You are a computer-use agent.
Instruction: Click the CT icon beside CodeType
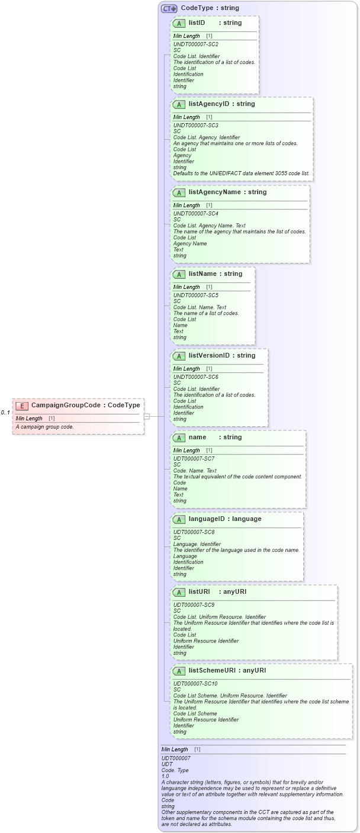[x=169, y=8]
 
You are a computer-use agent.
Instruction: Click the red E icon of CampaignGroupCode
[x=22, y=406]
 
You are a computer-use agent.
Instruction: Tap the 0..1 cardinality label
[x=5, y=413]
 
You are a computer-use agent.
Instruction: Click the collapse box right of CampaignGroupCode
[x=147, y=416]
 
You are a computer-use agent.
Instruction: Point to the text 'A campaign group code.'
[x=44, y=426]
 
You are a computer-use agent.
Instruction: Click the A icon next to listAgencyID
[x=179, y=104]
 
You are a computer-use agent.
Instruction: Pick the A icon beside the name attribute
[x=179, y=438]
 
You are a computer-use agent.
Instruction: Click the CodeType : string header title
[x=210, y=8]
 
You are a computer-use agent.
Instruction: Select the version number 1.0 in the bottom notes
[x=165, y=776]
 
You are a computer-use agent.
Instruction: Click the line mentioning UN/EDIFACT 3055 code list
[x=241, y=173]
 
